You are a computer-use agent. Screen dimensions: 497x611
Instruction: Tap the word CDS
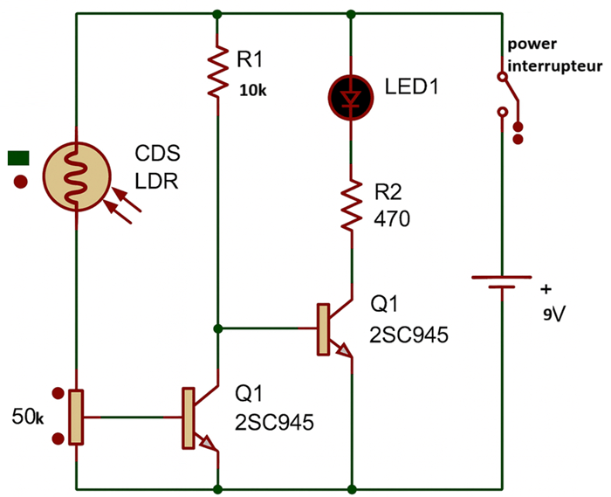click(157, 154)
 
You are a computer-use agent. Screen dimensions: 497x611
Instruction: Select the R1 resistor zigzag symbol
click(216, 73)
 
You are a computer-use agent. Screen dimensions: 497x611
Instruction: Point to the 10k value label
click(253, 89)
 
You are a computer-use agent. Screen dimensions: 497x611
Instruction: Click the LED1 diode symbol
click(351, 94)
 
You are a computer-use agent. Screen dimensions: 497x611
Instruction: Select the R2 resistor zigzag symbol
click(351, 206)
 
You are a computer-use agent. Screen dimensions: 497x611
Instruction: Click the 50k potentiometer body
click(77, 417)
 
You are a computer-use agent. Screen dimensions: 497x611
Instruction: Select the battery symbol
click(501, 283)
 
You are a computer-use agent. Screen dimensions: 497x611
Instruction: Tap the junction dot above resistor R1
click(216, 14)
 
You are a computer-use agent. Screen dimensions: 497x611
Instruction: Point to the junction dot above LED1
click(351, 14)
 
